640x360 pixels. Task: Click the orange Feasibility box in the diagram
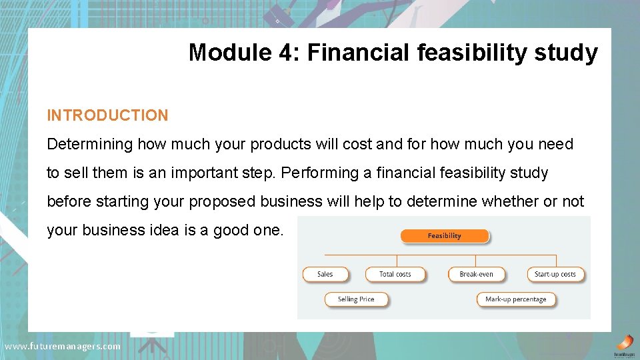(444, 236)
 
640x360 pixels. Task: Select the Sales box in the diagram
(325, 274)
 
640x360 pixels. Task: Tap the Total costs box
(395, 274)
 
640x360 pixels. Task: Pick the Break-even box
(476, 274)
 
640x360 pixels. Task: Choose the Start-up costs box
(555, 274)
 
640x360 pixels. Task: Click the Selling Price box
(355, 299)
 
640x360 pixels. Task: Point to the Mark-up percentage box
(515, 299)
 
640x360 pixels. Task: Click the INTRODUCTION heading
(107, 115)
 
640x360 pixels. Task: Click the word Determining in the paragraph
(89, 144)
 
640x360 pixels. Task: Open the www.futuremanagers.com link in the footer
(63, 346)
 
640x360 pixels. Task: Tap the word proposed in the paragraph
(221, 201)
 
